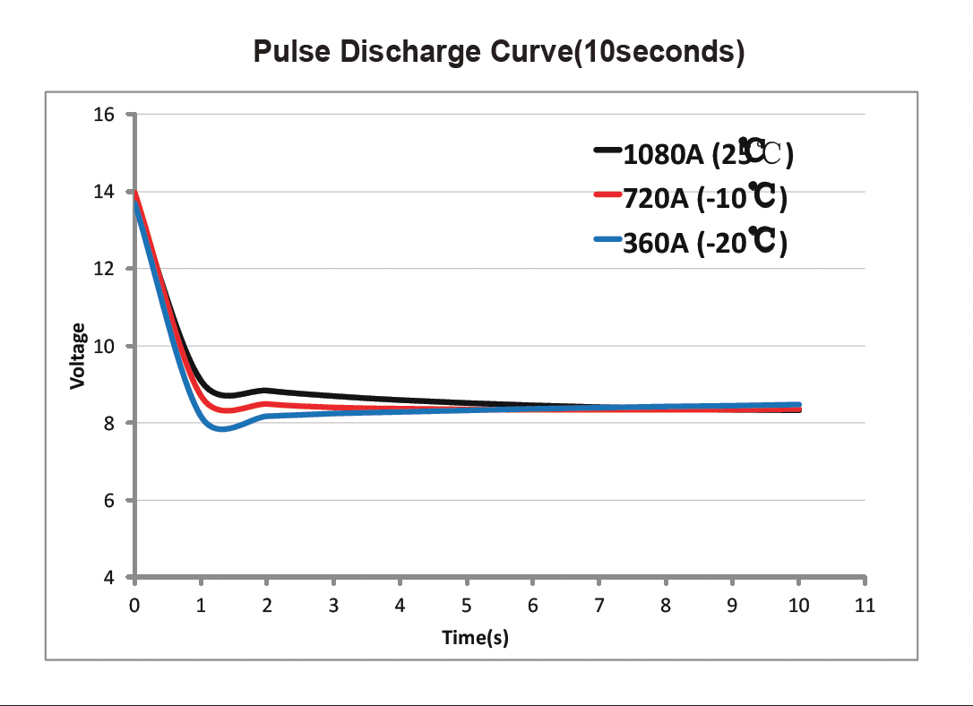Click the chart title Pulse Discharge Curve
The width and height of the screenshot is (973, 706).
499,52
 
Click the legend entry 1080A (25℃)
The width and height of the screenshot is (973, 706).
708,154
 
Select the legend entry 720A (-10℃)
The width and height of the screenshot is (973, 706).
704,197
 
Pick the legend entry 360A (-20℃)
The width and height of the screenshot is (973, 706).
704,242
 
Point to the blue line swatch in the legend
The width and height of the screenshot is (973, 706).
607,240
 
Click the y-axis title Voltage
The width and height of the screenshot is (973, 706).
79,356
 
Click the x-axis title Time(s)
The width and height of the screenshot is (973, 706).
475,637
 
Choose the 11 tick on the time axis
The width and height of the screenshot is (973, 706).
865,606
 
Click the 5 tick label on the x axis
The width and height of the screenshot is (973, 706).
467,606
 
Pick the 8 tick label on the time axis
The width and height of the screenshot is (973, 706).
666,606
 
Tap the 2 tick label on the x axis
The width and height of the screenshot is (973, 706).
267,606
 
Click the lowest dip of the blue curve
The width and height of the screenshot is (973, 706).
220,429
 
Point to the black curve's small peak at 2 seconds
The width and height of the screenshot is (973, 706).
266,391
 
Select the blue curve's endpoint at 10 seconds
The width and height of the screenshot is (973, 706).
797,405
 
